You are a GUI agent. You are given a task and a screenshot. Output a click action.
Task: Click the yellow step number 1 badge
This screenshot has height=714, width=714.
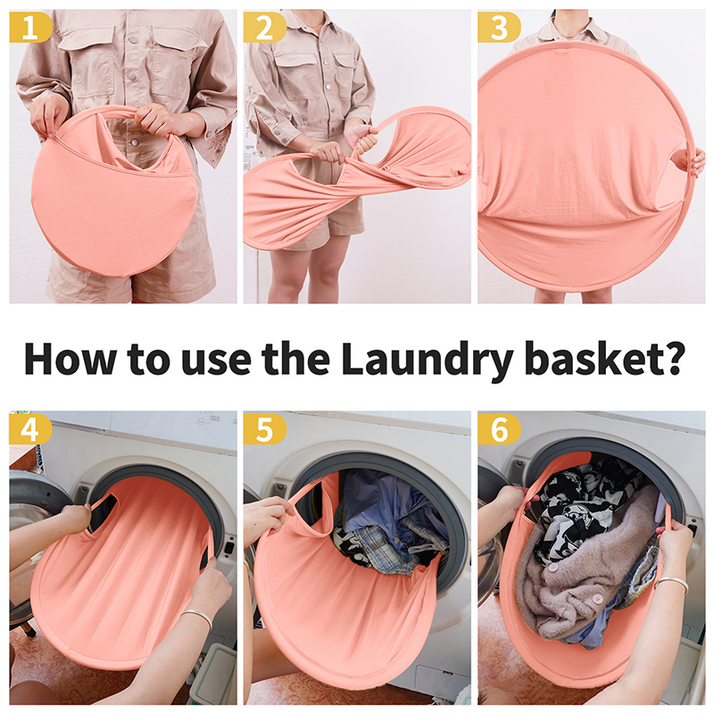pyautogui.click(x=30, y=28)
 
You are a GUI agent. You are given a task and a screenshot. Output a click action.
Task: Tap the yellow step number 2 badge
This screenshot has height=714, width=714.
pyautogui.click(x=264, y=28)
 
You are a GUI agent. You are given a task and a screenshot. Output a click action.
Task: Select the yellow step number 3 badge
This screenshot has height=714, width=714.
pyautogui.click(x=499, y=28)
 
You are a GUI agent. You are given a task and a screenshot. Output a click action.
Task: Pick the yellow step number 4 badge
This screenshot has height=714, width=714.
pyautogui.click(x=30, y=429)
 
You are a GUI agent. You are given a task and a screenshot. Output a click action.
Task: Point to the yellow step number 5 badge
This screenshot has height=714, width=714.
pyautogui.click(x=264, y=429)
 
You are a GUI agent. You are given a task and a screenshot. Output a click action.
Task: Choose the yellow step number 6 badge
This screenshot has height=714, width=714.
pyautogui.click(x=499, y=429)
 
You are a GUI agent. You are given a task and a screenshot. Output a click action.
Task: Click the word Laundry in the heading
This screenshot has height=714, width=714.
pyautogui.click(x=428, y=359)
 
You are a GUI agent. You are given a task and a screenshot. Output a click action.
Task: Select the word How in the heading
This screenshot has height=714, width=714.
pyautogui.click(x=71, y=358)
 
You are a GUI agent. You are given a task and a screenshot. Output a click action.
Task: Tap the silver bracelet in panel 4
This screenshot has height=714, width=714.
pyautogui.click(x=197, y=617)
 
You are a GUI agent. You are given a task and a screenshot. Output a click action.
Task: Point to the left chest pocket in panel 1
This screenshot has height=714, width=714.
pyautogui.click(x=86, y=59)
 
